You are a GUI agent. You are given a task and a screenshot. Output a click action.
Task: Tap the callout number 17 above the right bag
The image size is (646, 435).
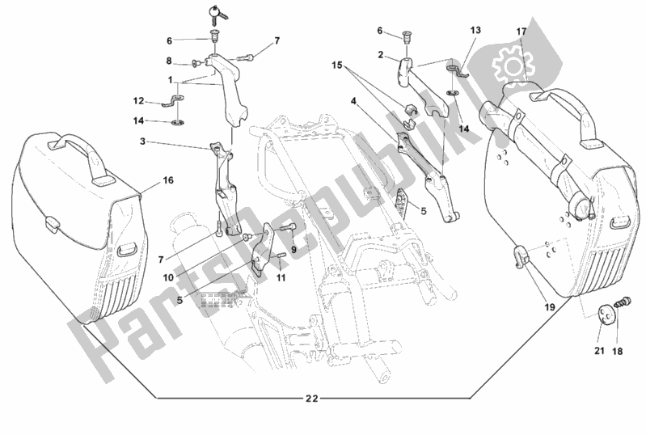521,32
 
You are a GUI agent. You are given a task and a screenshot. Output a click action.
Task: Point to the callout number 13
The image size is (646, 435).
475,30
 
